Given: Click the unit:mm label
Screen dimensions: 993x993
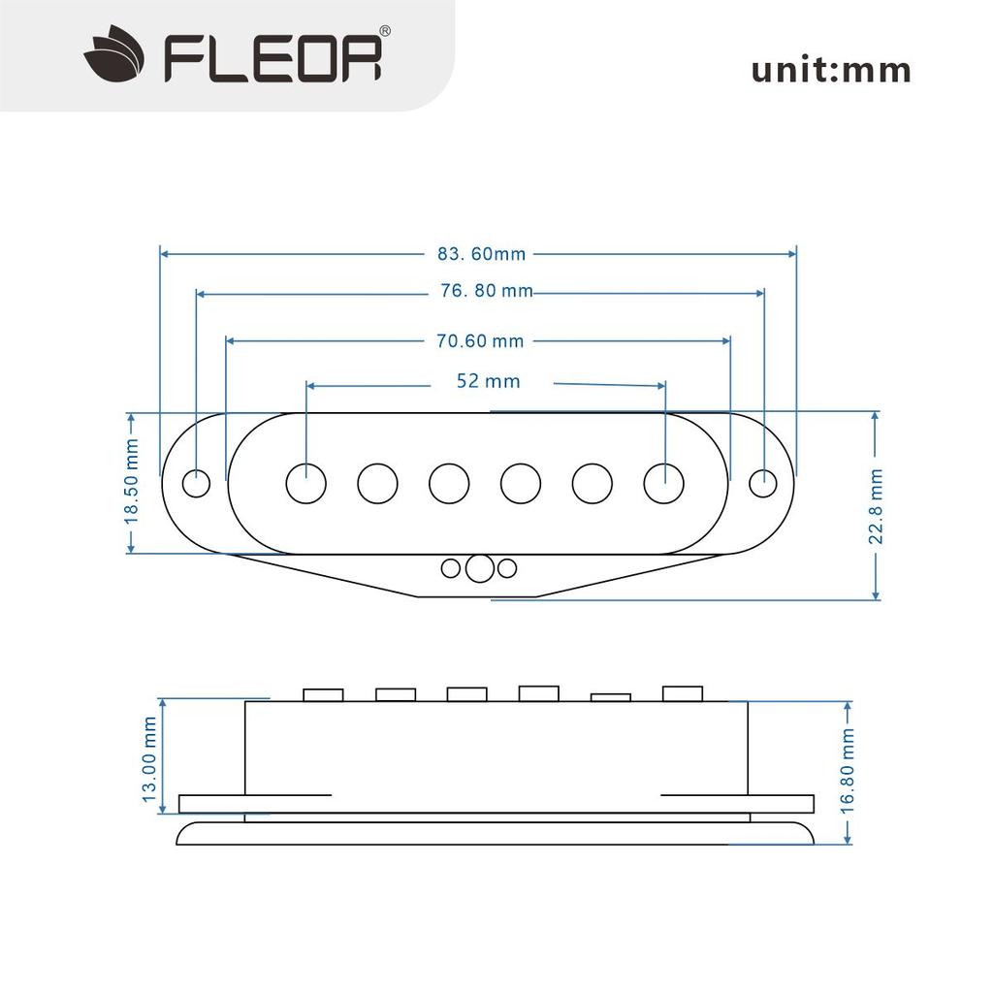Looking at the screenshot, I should pyautogui.click(x=831, y=70).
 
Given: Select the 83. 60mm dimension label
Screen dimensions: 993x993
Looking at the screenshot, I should pyautogui.click(x=481, y=254).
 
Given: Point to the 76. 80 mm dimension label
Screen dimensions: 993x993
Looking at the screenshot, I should pyautogui.click(x=485, y=291).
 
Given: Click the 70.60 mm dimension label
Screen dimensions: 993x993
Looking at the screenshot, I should pyautogui.click(x=479, y=340).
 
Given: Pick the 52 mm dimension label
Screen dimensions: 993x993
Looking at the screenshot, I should pyautogui.click(x=488, y=381).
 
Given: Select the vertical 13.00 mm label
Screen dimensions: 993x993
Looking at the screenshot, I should pyautogui.click(x=148, y=758).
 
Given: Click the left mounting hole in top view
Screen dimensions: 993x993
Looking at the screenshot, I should pyautogui.click(x=197, y=483).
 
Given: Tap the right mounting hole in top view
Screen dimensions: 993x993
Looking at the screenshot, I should pyautogui.click(x=763, y=483).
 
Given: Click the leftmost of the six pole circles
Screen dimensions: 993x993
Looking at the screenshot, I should pyautogui.click(x=306, y=483).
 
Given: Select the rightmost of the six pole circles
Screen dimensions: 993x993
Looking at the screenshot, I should pyautogui.click(x=664, y=483).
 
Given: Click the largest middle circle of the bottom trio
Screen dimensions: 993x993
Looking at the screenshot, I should pyautogui.click(x=478, y=568).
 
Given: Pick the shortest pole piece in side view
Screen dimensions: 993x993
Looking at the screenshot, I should pyautogui.click(x=611, y=696).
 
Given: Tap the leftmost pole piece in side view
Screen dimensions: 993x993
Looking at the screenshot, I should pyautogui.click(x=323, y=694).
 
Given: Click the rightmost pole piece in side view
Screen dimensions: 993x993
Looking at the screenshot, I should pyautogui.click(x=682, y=692).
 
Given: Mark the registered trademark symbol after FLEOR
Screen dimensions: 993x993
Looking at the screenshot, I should pyautogui.click(x=384, y=32).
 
